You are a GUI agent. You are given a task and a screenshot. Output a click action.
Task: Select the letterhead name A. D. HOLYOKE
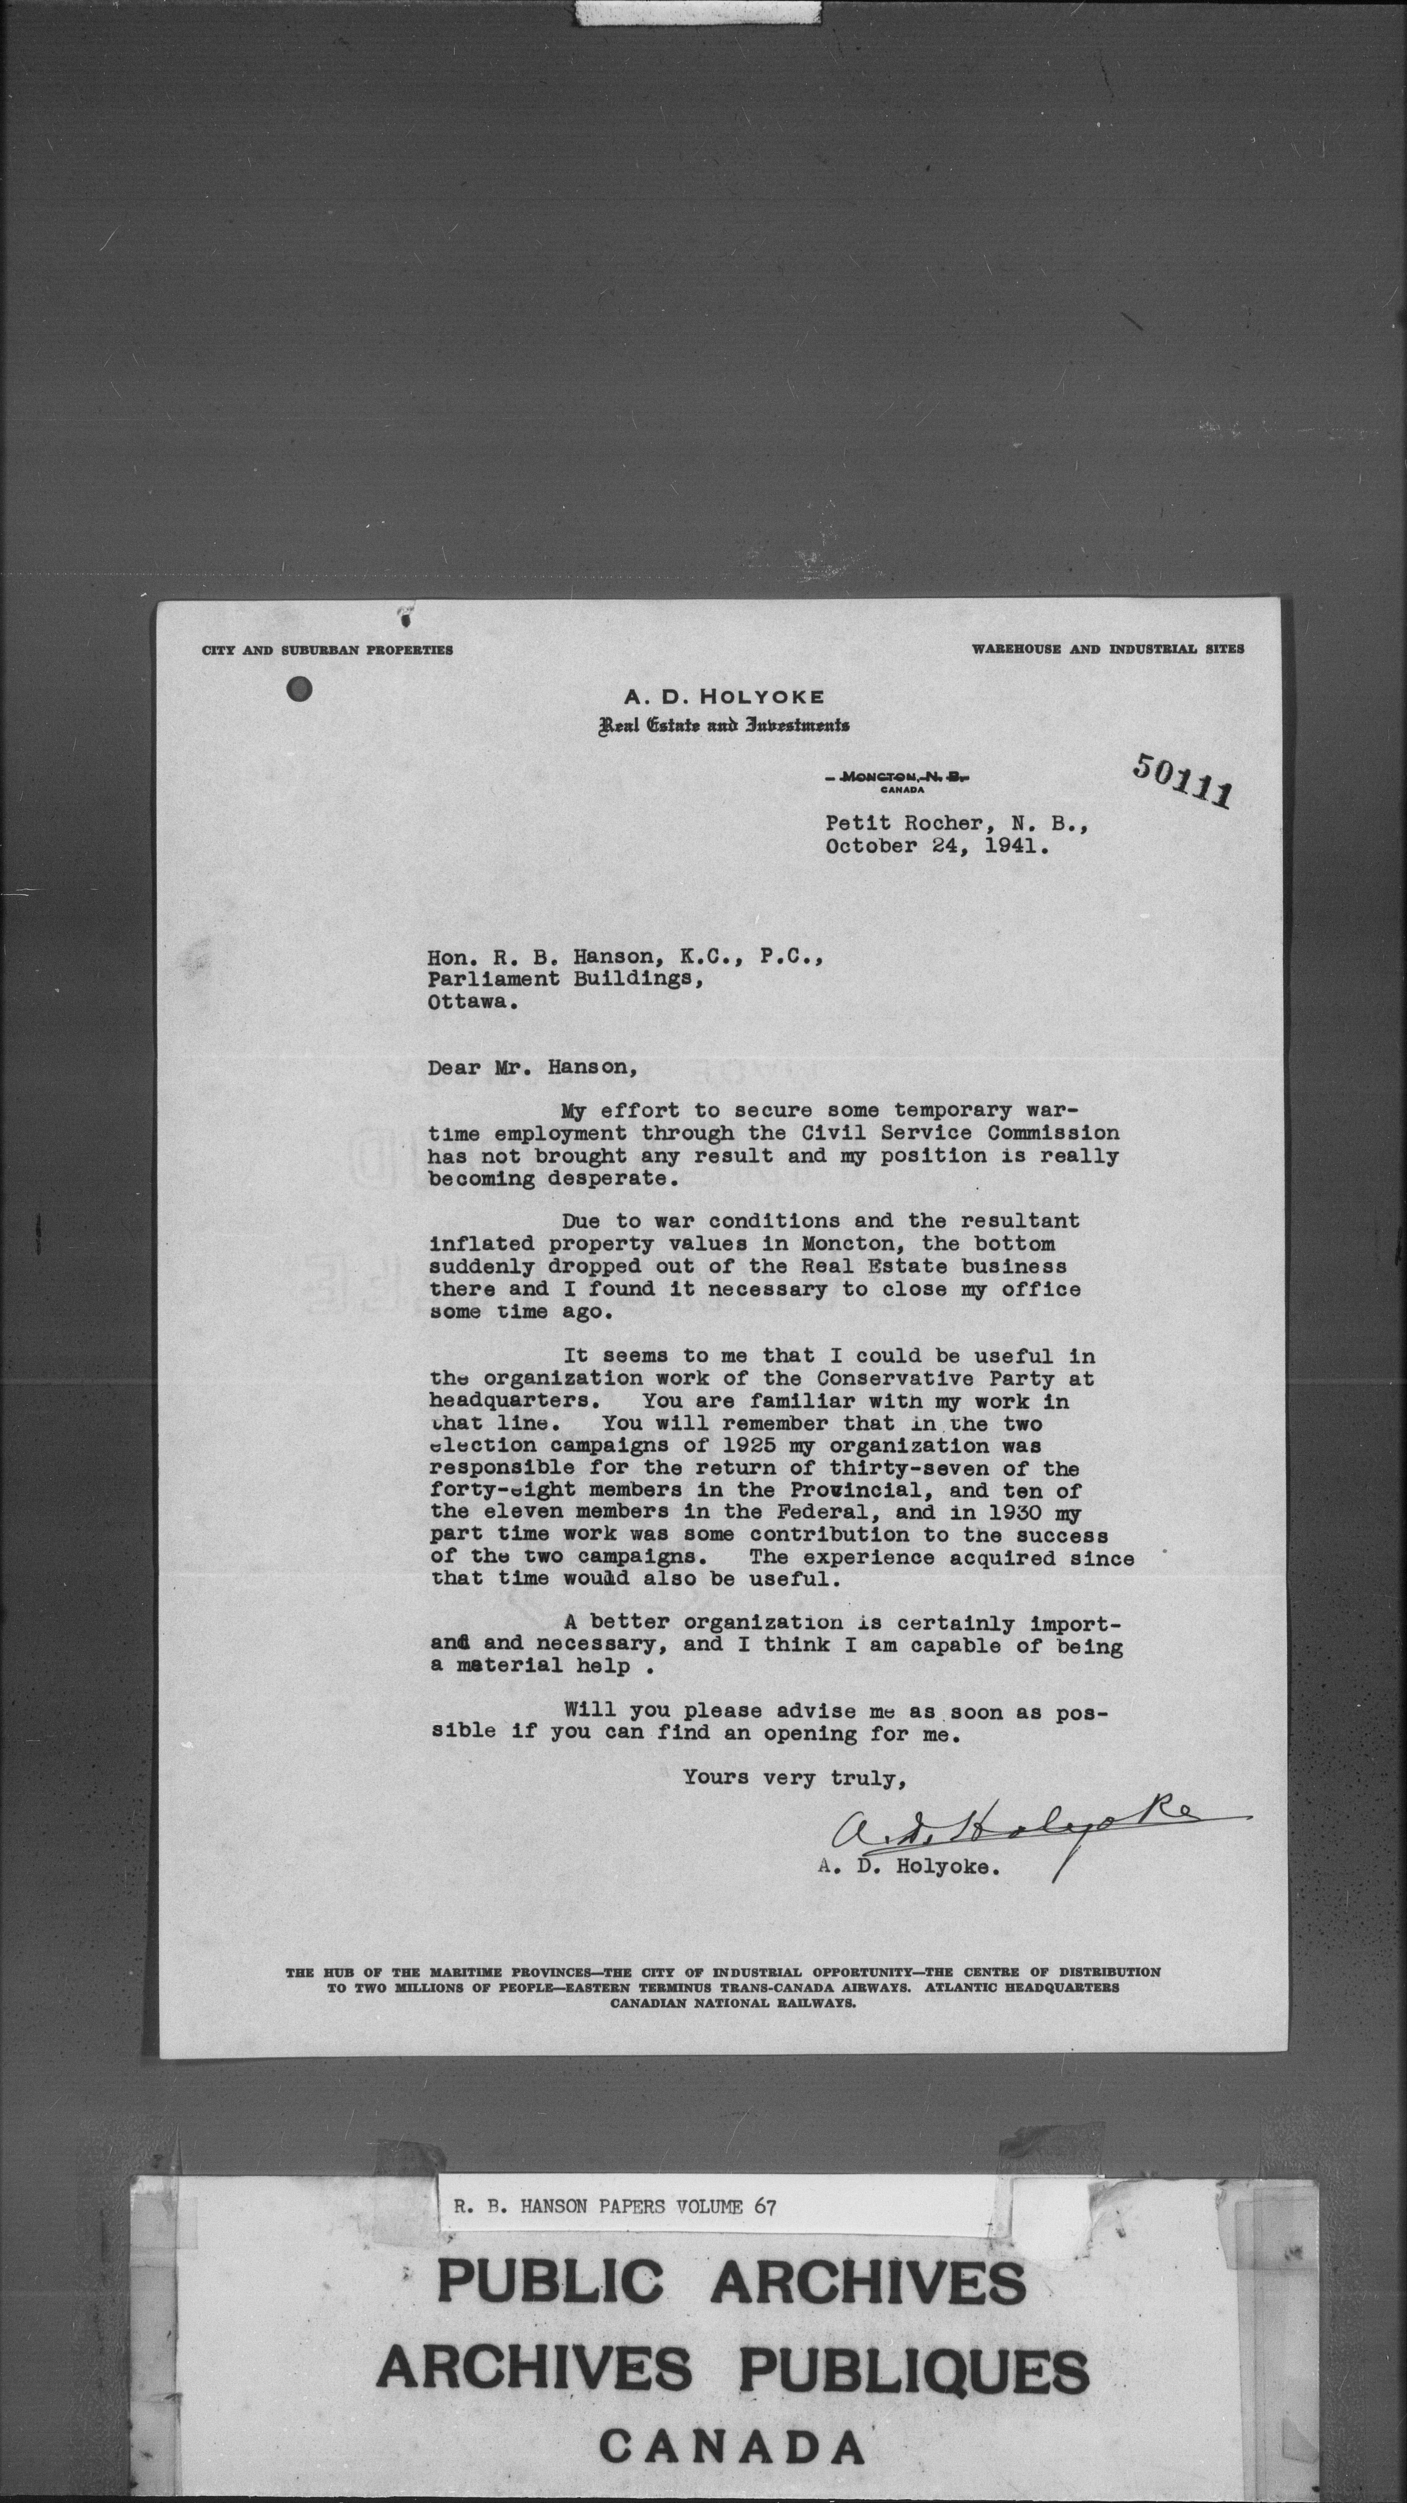tap(724, 697)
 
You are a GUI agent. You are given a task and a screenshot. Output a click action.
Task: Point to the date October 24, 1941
tap(937, 845)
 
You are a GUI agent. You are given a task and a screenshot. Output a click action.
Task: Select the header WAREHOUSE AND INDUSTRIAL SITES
tap(1108, 649)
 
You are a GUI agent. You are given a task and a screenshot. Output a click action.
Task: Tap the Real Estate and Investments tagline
tap(724, 725)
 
